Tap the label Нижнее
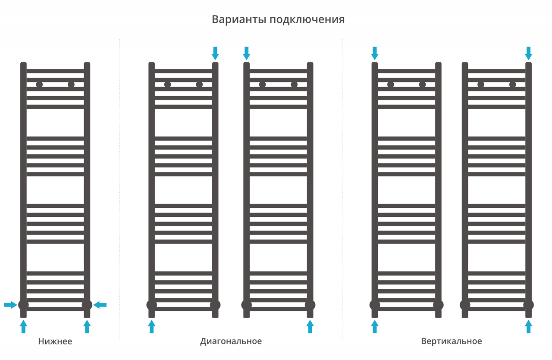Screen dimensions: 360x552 pos(55,341)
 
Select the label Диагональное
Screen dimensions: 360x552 pos(231,341)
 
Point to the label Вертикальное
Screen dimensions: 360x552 pos(452,341)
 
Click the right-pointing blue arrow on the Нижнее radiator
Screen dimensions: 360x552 pos(10,305)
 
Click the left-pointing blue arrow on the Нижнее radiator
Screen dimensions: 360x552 pos(100,305)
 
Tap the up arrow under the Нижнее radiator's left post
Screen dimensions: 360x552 pos(23,326)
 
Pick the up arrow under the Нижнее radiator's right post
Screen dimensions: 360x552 pos(87,326)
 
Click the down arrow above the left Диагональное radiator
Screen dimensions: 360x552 pos(215,53)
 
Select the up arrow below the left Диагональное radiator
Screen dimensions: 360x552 pos(151,326)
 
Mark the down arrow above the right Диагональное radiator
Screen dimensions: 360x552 pos(246,53)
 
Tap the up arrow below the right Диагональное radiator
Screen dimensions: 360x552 pos(310,326)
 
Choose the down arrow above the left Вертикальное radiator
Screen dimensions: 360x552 pos(375,53)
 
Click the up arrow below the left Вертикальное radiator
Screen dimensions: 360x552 pos(375,326)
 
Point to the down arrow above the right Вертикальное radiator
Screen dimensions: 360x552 pos(528,53)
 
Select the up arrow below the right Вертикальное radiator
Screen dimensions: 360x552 pos(528,326)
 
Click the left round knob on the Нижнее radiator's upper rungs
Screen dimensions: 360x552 pos(39,85)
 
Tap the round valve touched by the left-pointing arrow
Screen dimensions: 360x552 pos(87,305)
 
